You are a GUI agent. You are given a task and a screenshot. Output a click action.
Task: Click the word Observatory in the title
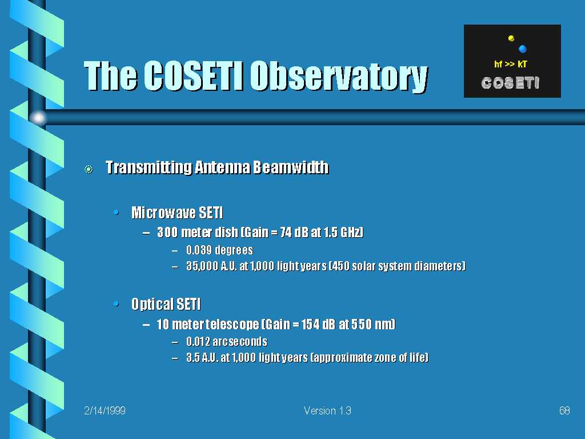pos(339,77)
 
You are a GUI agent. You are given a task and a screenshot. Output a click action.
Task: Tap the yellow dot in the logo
pos(511,38)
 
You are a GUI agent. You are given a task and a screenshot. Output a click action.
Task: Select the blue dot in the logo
pos(522,49)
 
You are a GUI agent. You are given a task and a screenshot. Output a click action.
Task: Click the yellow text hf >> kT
pos(510,64)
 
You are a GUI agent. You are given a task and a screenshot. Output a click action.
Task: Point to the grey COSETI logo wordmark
pos(510,83)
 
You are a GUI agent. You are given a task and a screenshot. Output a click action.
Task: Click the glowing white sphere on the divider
pos(38,118)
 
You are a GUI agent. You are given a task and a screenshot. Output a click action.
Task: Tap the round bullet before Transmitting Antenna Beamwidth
pos(89,169)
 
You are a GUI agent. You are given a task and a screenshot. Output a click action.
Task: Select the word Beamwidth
pos(291,167)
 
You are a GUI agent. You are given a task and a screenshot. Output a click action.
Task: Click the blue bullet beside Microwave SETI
pos(116,213)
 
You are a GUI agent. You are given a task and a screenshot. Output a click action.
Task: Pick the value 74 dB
pos(295,232)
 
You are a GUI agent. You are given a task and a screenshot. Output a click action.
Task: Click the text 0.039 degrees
pos(220,250)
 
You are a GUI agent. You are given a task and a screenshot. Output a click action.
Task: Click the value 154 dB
pos(316,324)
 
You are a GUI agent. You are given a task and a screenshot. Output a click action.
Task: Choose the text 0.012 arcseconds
pos(227,342)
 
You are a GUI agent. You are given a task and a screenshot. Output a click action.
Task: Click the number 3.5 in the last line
pos(193,358)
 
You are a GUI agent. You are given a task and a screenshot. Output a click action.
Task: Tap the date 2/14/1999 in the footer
pos(105,410)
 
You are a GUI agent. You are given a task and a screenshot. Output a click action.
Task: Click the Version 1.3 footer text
pos(327,410)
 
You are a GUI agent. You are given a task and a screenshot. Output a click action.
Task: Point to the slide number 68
pos(564,410)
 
